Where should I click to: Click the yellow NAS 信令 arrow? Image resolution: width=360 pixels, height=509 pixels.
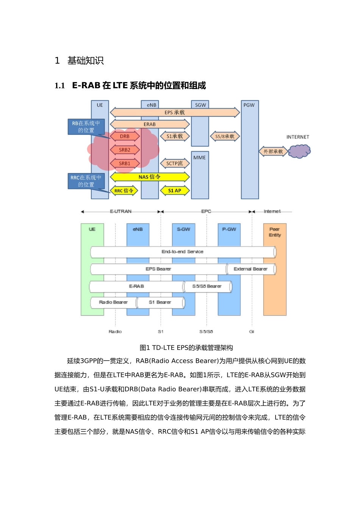point(150,177)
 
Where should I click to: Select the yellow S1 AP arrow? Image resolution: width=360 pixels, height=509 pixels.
point(175,190)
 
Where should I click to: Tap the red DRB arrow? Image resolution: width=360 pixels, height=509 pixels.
point(125,136)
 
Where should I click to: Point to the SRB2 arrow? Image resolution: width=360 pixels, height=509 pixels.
point(125,150)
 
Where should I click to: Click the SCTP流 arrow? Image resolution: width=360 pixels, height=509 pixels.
point(175,164)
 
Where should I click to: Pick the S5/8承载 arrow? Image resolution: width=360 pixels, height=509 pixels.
point(225,136)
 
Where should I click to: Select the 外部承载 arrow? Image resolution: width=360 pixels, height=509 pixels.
point(273,151)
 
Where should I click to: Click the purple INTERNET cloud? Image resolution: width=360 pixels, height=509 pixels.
point(299,152)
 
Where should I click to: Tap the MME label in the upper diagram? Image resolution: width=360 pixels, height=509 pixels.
point(200,158)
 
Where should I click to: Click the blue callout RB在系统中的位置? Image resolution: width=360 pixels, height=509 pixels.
point(86,127)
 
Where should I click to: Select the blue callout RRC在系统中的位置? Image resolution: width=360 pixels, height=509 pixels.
point(86,181)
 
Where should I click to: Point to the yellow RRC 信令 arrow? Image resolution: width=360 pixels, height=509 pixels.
point(124,190)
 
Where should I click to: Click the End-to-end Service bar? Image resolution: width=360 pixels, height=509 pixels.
point(183,252)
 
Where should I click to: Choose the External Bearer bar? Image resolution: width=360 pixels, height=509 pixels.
point(250,269)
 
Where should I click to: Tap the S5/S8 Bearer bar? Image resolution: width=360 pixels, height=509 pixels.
point(207,286)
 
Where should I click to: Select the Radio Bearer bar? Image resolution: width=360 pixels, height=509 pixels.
point(113,302)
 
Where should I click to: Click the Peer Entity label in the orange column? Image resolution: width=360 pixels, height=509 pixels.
point(275,232)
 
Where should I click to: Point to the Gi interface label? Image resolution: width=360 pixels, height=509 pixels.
point(252,331)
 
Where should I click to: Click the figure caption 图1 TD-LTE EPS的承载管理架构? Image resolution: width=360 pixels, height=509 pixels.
point(186,348)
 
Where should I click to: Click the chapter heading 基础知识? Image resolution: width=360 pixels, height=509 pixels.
point(85,61)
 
